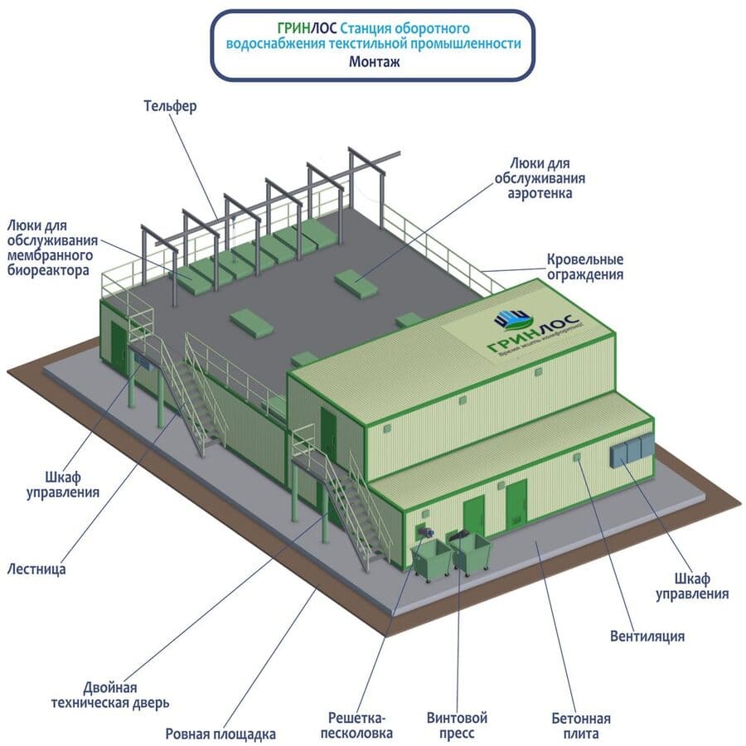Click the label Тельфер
pos(169,107)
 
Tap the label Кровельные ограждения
pos(584,267)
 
